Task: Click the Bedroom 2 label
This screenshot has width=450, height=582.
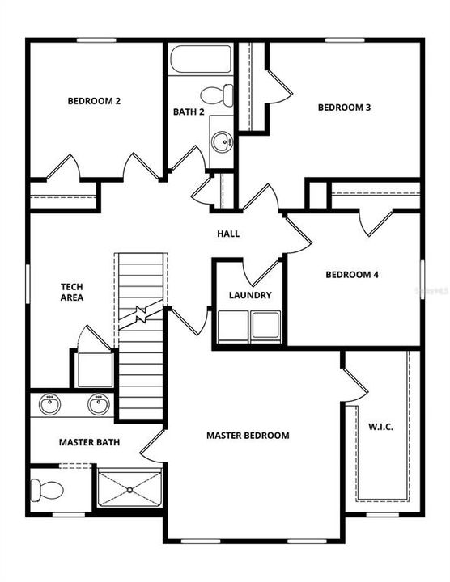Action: [95, 101]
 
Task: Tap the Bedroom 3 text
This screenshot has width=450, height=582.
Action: [344, 108]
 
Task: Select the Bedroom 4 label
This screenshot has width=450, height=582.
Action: [352, 274]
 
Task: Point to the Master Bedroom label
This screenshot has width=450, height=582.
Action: [248, 436]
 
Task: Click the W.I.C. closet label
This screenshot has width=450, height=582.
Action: [380, 427]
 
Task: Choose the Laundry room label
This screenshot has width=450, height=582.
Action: [249, 296]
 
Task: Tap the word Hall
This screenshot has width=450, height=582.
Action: [228, 234]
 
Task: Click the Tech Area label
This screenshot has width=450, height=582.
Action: [72, 292]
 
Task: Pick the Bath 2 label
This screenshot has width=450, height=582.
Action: [189, 112]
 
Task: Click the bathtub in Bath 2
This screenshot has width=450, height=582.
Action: [201, 60]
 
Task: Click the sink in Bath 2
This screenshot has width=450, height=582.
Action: [220, 142]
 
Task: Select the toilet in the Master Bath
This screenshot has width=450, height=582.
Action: [48, 488]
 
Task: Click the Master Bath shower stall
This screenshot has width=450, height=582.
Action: [129, 487]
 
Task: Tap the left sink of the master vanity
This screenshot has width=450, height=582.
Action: [51, 403]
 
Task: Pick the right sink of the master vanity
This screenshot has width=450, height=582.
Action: [99, 403]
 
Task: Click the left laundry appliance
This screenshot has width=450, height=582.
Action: [231, 327]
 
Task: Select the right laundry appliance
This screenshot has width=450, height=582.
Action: [265, 327]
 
